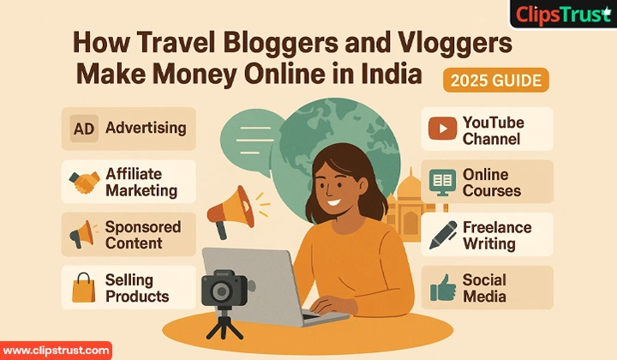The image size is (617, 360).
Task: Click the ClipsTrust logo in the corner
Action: coord(561,15)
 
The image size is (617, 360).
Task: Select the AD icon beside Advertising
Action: coord(83,129)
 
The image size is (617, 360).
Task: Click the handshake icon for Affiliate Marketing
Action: coord(84,181)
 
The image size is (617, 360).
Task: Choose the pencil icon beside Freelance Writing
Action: coord(442,234)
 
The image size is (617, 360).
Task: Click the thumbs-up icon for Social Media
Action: coord(442,288)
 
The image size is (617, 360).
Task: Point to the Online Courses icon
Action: coord(442,181)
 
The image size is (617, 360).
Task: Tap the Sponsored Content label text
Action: coord(142,235)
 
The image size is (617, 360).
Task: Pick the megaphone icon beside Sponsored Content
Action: coord(83,234)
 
